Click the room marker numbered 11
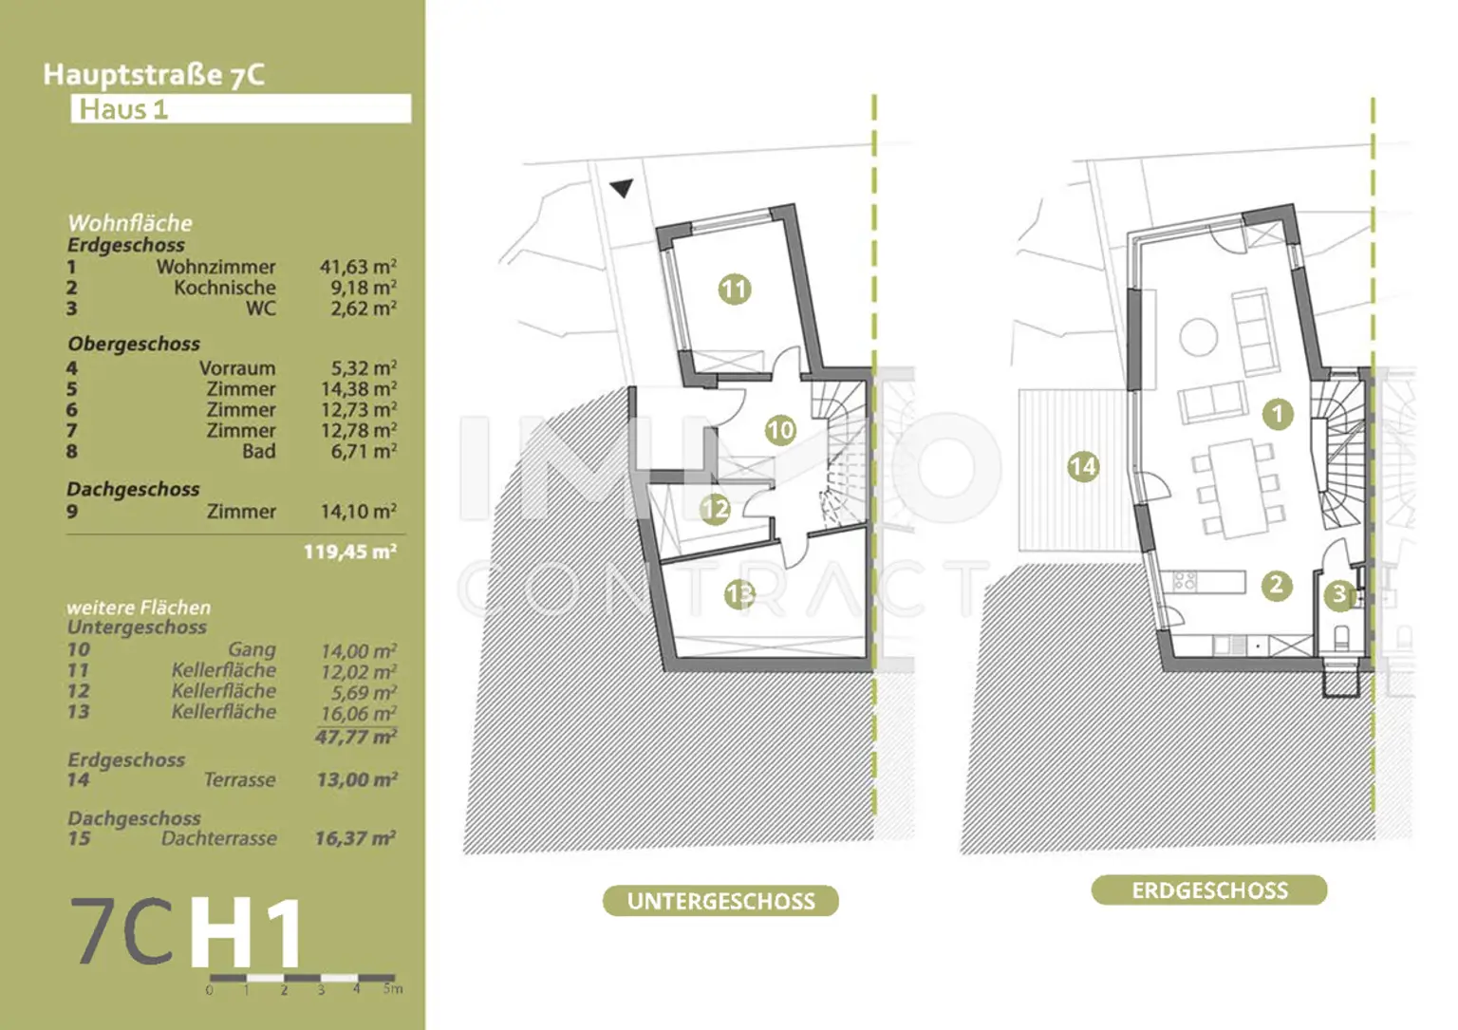pyautogui.click(x=734, y=289)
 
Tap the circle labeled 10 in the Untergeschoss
pyautogui.click(x=780, y=430)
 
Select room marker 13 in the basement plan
pyautogui.click(x=739, y=594)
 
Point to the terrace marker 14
pyautogui.click(x=1083, y=466)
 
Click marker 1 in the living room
pyautogui.click(x=1278, y=414)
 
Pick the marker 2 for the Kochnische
pyautogui.click(x=1276, y=585)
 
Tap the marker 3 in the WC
pyautogui.click(x=1338, y=594)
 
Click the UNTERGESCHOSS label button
pyautogui.click(x=720, y=901)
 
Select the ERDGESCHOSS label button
pyautogui.click(x=1209, y=890)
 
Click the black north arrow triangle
pyautogui.click(x=622, y=188)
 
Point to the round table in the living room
pyautogui.click(x=1199, y=337)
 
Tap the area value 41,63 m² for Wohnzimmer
pyautogui.click(x=358, y=267)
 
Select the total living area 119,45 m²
pyautogui.click(x=349, y=552)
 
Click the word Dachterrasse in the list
pyautogui.click(x=218, y=838)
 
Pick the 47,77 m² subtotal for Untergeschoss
pyautogui.click(x=355, y=737)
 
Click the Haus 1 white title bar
pyautogui.click(x=241, y=108)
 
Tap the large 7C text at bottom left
pyautogui.click(x=123, y=932)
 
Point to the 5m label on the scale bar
pyautogui.click(x=393, y=989)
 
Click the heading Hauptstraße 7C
pyautogui.click(x=154, y=74)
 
